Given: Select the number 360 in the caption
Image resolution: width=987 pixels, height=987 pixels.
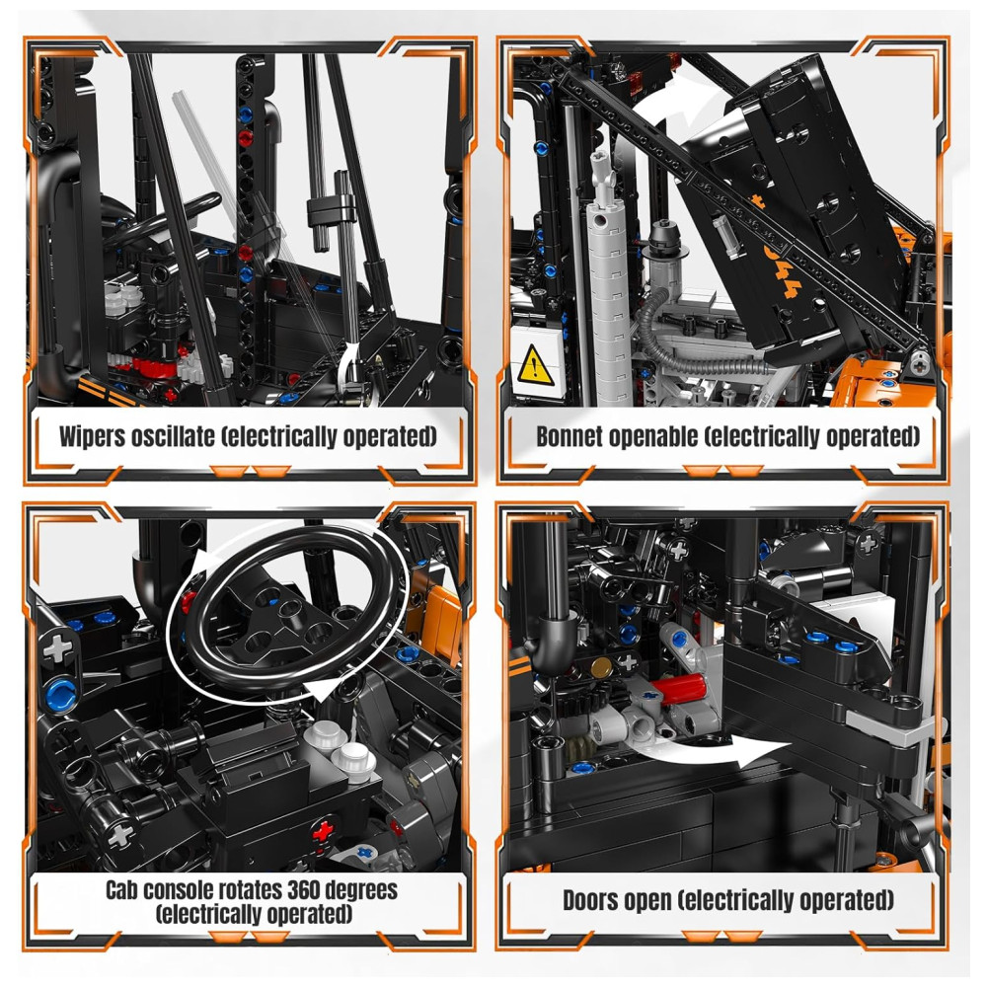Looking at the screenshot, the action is [x=306, y=890].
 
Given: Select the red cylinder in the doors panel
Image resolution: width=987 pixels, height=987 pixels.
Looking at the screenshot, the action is [x=679, y=687].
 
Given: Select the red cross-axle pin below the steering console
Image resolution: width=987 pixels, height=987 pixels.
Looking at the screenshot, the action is [x=323, y=831].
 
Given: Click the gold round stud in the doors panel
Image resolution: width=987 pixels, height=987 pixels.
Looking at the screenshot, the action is [x=600, y=667].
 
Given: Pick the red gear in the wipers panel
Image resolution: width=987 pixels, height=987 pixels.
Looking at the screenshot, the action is [x=153, y=366].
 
